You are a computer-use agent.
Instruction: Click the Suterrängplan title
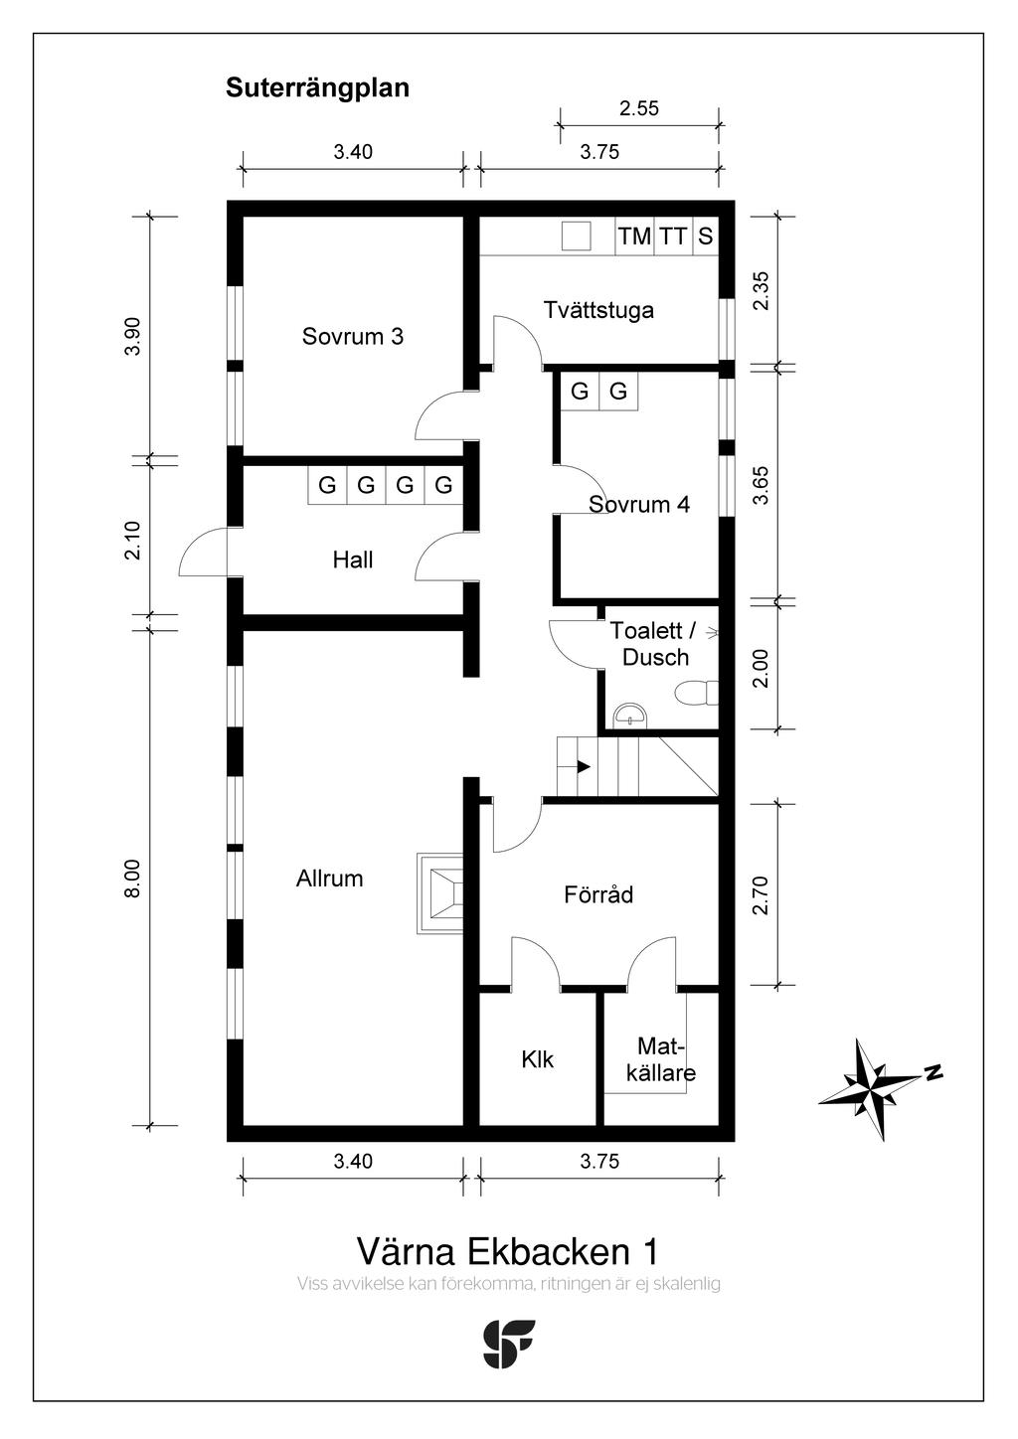pyautogui.click(x=317, y=87)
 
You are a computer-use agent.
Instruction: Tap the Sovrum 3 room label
pyautogui.click(x=352, y=336)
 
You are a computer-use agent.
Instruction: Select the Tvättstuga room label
pyautogui.click(x=598, y=309)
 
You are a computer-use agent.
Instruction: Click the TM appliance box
pyautogui.click(x=634, y=237)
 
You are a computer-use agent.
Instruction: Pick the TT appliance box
pyautogui.click(x=673, y=237)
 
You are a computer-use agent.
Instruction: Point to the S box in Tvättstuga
pyautogui.click(x=705, y=237)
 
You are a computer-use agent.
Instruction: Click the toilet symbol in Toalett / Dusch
pyautogui.click(x=697, y=693)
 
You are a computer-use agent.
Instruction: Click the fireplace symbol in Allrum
pyautogui.click(x=440, y=893)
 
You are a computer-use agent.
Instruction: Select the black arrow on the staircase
pyautogui.click(x=582, y=766)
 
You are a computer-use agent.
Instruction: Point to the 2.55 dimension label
pyautogui.click(x=638, y=108)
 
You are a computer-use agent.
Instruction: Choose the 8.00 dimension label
pyautogui.click(x=132, y=878)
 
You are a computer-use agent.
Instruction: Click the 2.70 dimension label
pyautogui.click(x=761, y=894)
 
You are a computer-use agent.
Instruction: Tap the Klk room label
pyautogui.click(x=537, y=1059)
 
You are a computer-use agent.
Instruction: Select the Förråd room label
pyautogui.click(x=597, y=894)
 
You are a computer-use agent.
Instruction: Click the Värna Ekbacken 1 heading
pyautogui.click(x=507, y=1250)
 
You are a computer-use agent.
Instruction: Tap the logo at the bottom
pyautogui.click(x=508, y=1344)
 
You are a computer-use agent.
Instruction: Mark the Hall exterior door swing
pyautogui.click(x=203, y=553)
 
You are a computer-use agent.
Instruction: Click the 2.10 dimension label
pyautogui.click(x=132, y=541)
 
